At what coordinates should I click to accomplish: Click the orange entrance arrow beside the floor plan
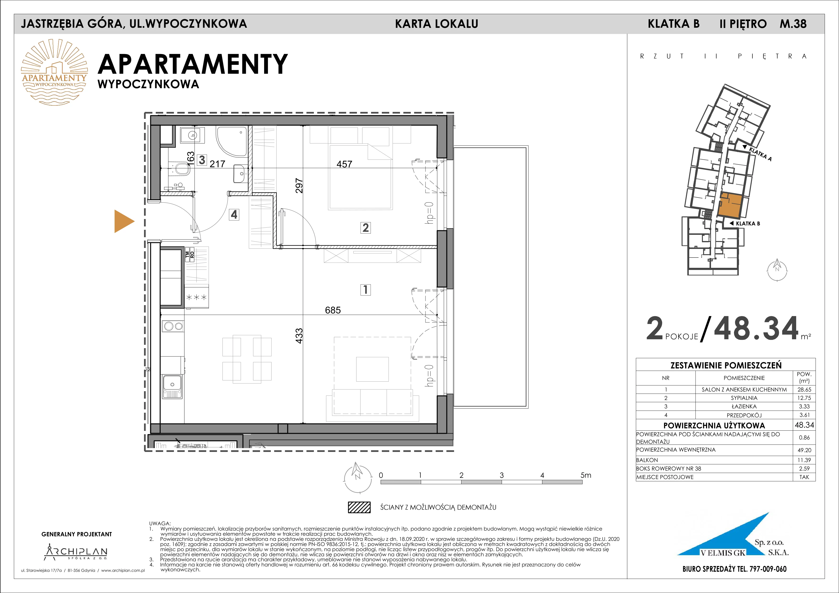pyautogui.click(x=123, y=221)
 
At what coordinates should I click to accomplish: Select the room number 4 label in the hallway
pyautogui.click(x=234, y=214)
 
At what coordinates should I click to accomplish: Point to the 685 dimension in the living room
pyautogui.click(x=333, y=310)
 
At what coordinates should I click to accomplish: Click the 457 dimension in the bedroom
pyautogui.click(x=344, y=164)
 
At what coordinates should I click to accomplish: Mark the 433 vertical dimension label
pyautogui.click(x=299, y=336)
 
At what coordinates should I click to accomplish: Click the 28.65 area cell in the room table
pyautogui.click(x=804, y=390)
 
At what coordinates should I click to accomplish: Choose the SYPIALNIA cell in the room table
pyautogui.click(x=744, y=398)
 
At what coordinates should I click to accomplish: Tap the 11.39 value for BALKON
pyautogui.click(x=804, y=460)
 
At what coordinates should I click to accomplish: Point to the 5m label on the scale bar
pyautogui.click(x=586, y=475)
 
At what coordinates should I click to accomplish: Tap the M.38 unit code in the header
pyautogui.click(x=793, y=24)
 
